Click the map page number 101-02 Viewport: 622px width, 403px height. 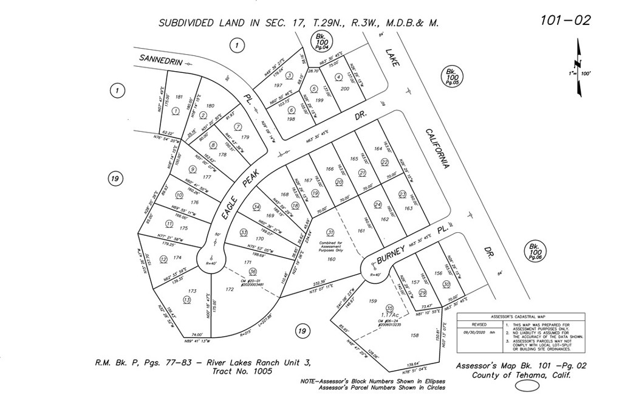click(565, 20)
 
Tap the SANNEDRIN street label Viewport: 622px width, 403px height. click(160, 60)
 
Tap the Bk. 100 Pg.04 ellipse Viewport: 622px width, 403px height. click(319, 41)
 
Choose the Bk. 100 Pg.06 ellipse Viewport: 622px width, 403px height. click(535, 252)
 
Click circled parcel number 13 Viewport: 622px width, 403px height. click(186, 300)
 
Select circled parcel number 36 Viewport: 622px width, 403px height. click(253, 271)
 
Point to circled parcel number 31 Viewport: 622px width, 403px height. click(330, 232)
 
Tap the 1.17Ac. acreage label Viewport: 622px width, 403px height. click(389, 314)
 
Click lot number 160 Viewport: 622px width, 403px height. click(331, 260)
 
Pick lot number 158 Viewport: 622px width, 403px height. click(415, 336)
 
